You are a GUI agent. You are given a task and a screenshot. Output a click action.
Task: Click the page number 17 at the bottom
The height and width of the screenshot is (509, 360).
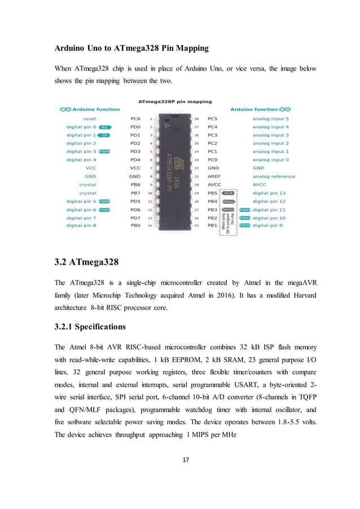click(179, 459)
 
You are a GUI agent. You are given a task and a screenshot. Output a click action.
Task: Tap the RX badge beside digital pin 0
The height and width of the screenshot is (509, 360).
click(105, 128)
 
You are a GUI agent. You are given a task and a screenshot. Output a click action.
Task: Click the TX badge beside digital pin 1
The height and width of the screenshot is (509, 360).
click(104, 135)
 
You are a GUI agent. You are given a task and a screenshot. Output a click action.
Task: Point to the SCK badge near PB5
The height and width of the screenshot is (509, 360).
click(229, 193)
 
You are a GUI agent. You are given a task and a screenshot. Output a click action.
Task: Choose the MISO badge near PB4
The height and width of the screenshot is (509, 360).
click(229, 201)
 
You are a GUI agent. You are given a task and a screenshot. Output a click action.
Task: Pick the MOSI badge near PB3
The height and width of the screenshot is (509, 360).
click(229, 209)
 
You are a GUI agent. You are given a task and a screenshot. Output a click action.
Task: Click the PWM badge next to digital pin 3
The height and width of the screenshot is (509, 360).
click(104, 152)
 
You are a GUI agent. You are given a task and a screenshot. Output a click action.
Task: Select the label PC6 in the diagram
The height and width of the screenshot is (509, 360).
click(135, 119)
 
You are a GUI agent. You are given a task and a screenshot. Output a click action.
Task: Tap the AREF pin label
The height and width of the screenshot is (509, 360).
click(213, 176)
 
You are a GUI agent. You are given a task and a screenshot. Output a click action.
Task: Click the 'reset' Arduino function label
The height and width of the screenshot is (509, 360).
click(89, 119)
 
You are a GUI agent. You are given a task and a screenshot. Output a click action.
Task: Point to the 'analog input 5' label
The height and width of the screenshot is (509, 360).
click(270, 119)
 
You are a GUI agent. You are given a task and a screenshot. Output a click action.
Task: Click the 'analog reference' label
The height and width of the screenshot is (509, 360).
click(273, 176)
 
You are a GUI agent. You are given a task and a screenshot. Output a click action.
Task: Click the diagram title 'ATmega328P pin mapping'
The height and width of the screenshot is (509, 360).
click(175, 102)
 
